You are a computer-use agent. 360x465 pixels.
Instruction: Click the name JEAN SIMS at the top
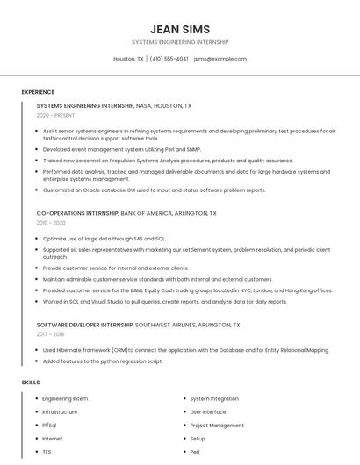click(x=179, y=29)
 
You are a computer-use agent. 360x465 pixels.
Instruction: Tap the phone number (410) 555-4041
click(x=169, y=59)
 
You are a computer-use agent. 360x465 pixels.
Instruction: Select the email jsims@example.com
click(x=220, y=59)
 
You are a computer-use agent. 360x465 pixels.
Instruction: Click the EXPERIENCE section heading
click(x=38, y=92)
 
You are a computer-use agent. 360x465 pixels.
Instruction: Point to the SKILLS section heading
click(x=31, y=383)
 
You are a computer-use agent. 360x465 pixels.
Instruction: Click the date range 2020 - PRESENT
click(x=56, y=116)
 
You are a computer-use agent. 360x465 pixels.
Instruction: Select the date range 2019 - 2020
click(x=51, y=223)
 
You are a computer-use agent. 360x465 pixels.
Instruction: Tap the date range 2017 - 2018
click(x=51, y=334)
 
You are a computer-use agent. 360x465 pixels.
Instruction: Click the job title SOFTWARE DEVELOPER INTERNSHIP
click(x=84, y=324)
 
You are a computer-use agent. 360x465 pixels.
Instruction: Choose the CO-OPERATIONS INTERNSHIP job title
click(x=77, y=213)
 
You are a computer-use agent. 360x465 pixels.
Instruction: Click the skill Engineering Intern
click(x=65, y=398)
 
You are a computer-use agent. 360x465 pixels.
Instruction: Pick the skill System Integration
click(x=214, y=398)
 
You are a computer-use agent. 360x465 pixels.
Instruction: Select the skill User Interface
click(x=208, y=411)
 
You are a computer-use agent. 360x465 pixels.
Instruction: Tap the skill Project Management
click(x=217, y=426)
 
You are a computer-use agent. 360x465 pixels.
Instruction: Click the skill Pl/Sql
click(x=50, y=426)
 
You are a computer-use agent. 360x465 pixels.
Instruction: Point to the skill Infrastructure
click(x=60, y=411)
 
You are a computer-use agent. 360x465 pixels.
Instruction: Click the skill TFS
click(x=47, y=452)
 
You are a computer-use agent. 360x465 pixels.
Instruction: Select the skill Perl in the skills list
click(x=195, y=452)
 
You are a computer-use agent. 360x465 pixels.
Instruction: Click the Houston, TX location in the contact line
click(x=128, y=59)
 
